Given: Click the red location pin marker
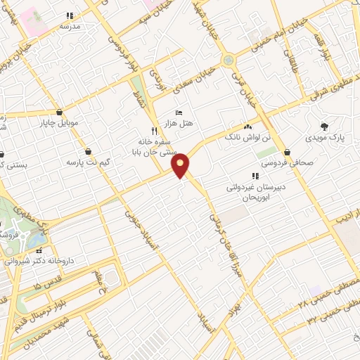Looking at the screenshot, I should [181, 165].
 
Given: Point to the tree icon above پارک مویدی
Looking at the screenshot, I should [323, 127].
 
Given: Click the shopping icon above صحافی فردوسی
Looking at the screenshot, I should [287, 152].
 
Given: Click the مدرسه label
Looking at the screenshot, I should [70, 26].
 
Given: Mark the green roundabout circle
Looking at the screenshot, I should [229, 60].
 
